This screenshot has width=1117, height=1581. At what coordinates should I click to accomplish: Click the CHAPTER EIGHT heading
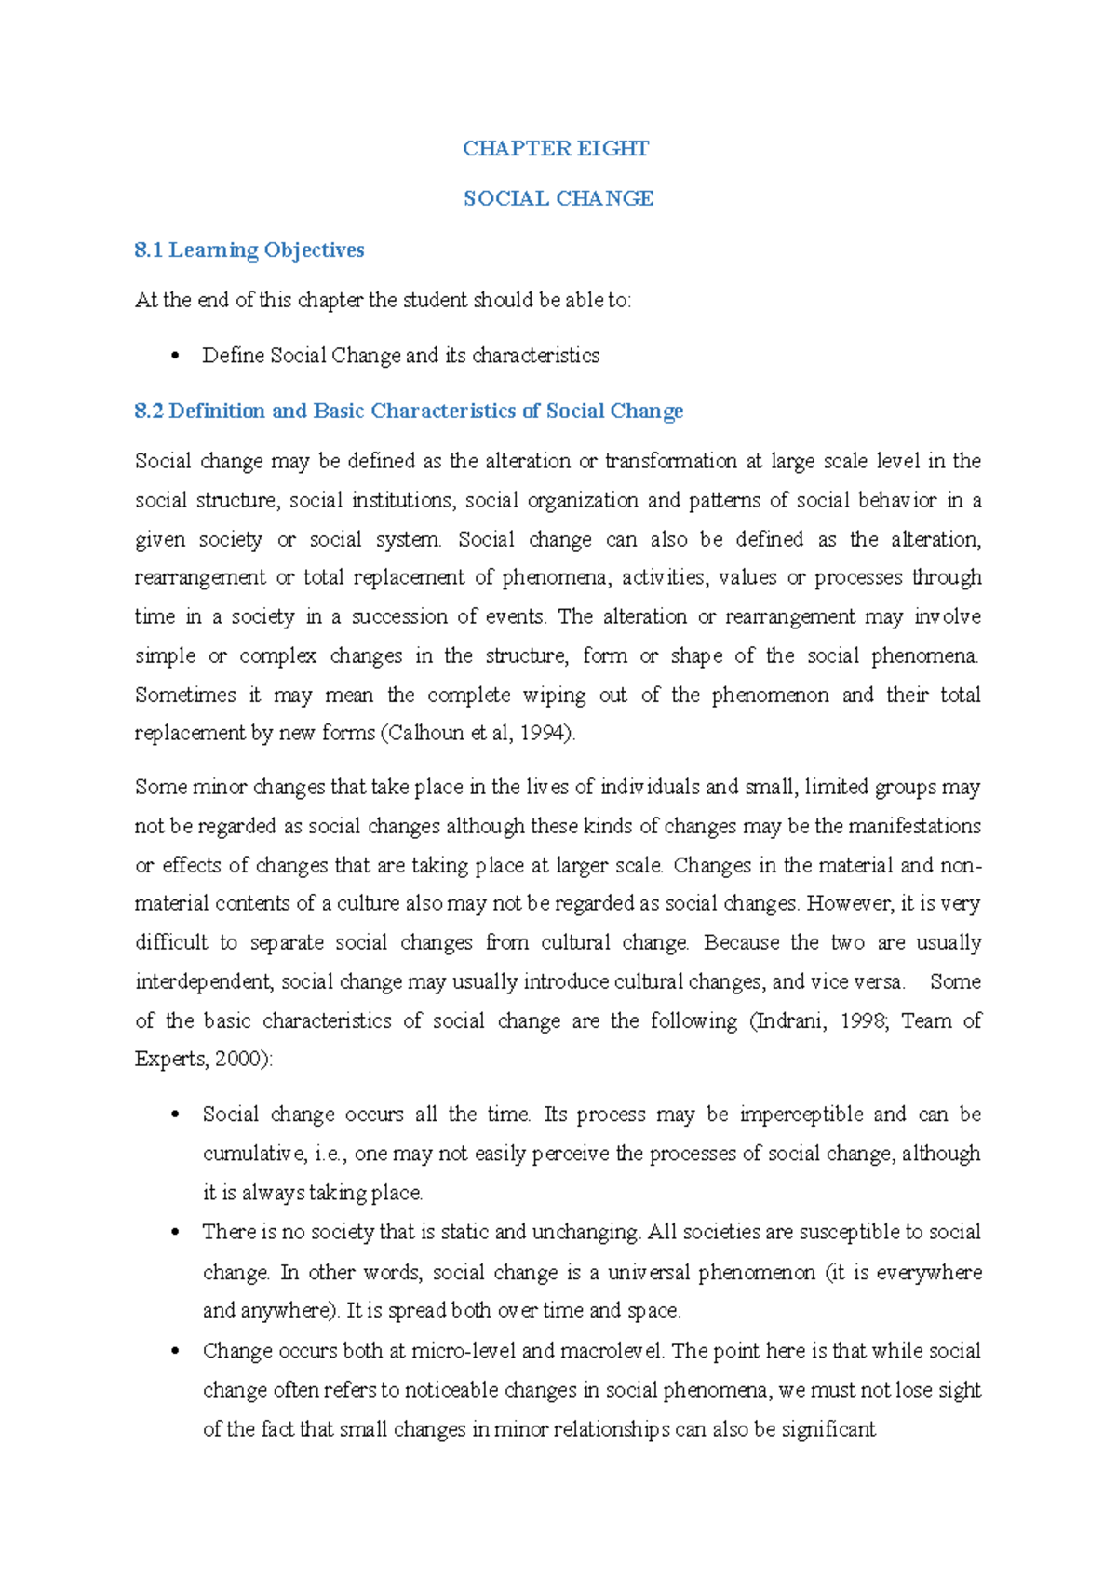556,149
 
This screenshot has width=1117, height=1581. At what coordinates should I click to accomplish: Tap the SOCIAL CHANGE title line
558,198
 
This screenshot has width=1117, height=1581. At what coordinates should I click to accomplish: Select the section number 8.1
148,250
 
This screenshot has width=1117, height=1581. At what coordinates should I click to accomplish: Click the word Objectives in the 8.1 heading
314,250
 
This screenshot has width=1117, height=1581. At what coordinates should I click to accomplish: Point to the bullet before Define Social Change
174,356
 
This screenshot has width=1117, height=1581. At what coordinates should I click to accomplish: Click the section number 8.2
149,411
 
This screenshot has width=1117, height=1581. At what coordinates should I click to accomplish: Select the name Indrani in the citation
791,1020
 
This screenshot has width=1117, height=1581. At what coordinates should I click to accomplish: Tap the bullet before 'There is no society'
174,1233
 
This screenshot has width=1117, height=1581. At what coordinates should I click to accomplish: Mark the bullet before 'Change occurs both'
174,1351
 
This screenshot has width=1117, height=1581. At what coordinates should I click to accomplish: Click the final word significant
828,1428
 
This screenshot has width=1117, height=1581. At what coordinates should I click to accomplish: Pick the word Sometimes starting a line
185,695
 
